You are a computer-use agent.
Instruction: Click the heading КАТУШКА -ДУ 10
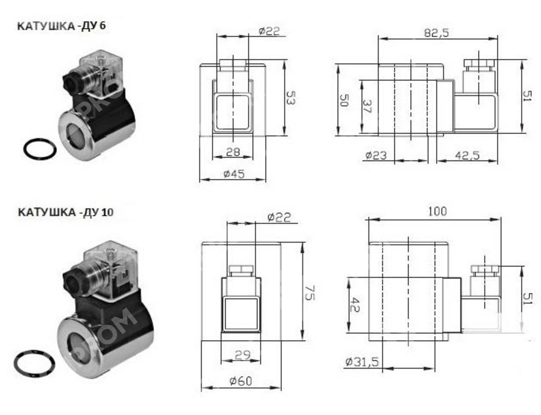point(65,212)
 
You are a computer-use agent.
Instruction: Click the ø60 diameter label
point(240,381)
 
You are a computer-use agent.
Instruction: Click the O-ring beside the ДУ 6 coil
point(41,148)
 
